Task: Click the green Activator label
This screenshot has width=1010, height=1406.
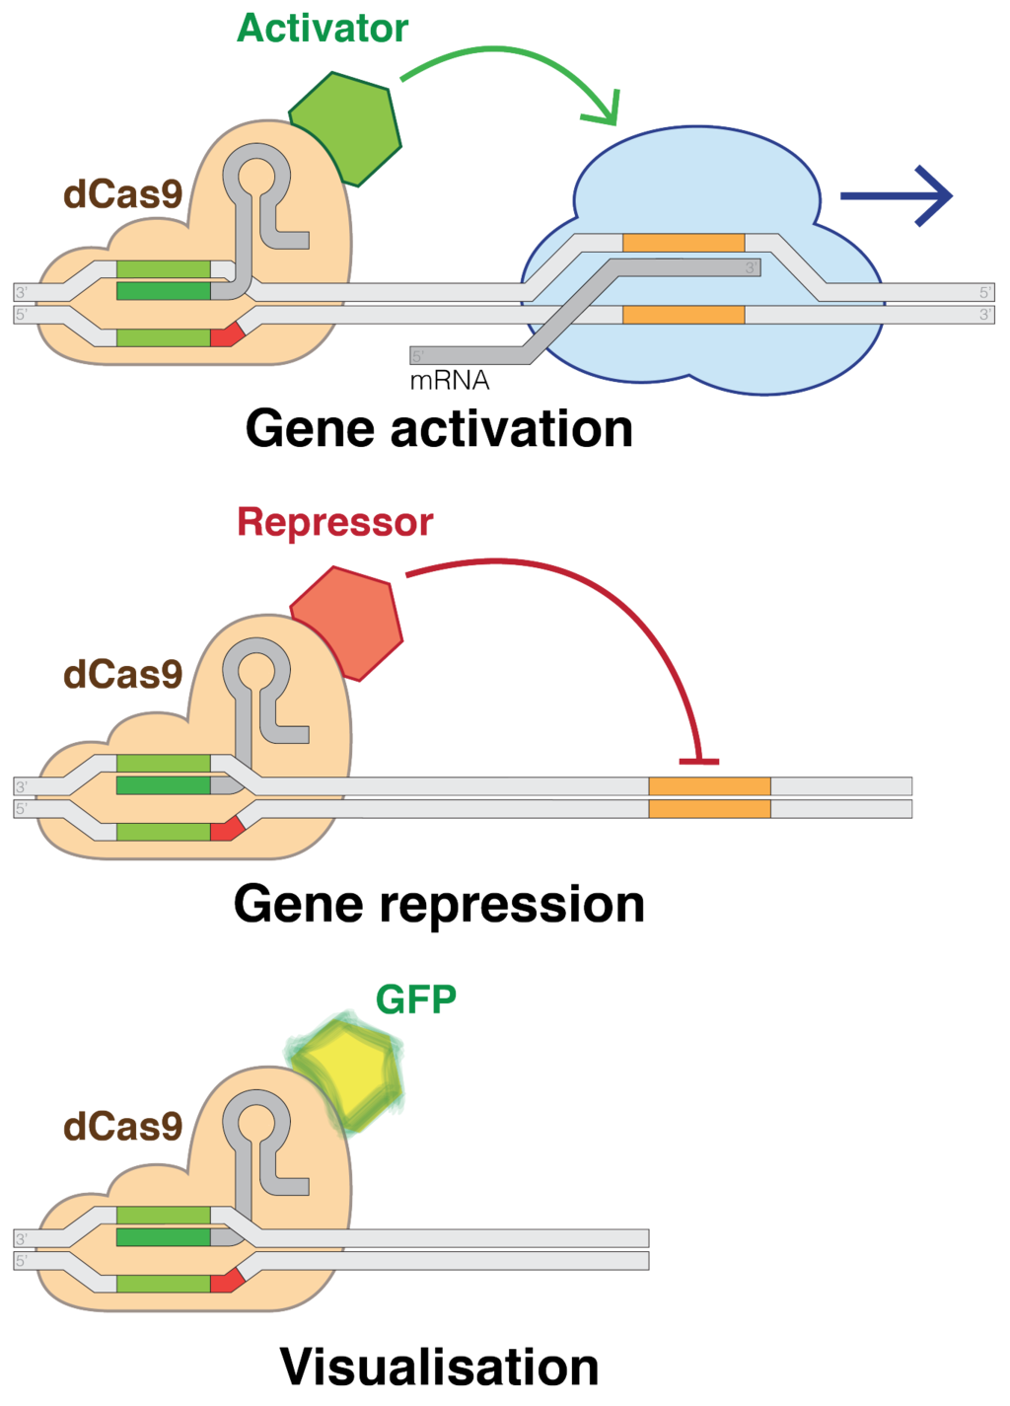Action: pos(323,29)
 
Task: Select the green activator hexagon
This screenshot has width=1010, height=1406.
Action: pos(346,127)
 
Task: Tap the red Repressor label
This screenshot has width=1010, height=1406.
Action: pos(334,522)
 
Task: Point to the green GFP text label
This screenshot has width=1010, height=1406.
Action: pos(416,1000)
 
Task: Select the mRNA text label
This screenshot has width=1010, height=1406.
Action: pos(450,381)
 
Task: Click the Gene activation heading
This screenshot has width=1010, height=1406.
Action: pos(439,429)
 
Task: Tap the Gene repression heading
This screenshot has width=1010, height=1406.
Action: pos(439,904)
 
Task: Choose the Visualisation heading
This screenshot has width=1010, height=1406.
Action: pos(439,1368)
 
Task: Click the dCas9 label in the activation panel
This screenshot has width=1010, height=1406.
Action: pos(123,194)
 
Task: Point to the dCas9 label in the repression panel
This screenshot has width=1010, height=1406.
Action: pos(123,675)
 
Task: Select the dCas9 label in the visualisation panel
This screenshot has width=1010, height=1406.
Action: pos(123,1127)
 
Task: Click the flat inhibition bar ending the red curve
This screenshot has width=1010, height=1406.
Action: pos(698,762)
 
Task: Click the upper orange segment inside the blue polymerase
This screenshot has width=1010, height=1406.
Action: pos(684,243)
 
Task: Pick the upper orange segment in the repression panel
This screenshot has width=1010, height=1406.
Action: pos(709,786)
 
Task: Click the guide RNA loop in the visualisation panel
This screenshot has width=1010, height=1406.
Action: pos(256,1125)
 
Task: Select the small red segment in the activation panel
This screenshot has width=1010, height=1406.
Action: pos(226,335)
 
